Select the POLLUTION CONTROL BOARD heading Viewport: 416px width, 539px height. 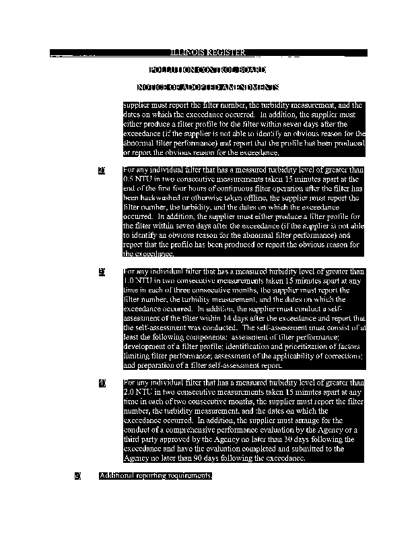[x=207, y=70]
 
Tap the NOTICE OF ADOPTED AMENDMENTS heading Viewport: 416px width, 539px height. [x=207, y=88]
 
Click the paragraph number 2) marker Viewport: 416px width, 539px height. [x=102, y=170]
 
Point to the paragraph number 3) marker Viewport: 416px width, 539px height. [x=102, y=272]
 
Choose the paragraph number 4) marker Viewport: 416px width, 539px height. [x=102, y=383]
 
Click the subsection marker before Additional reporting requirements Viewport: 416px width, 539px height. [x=78, y=476]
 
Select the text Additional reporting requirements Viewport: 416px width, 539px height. [x=155, y=476]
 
